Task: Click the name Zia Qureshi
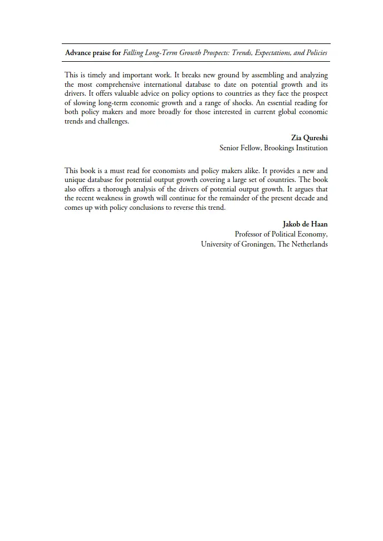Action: (x=309, y=137)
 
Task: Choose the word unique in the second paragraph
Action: (x=75, y=180)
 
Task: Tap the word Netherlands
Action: (x=310, y=244)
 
